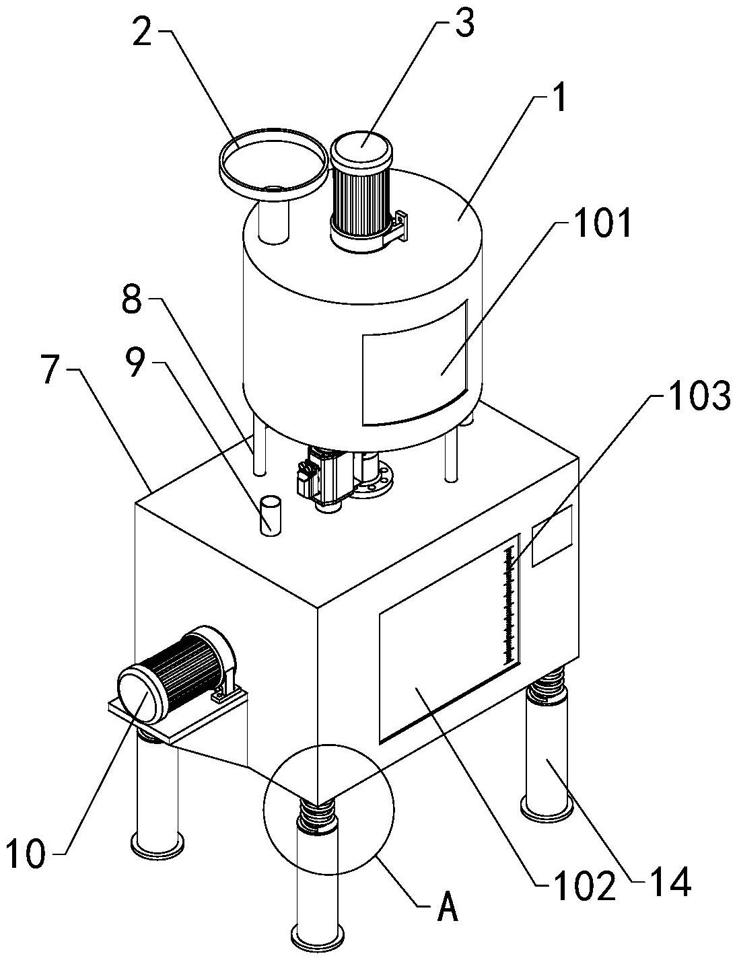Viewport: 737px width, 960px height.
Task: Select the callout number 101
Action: pos(603,225)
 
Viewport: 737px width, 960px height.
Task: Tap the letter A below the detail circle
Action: pos(448,910)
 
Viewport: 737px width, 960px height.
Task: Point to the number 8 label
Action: pos(132,303)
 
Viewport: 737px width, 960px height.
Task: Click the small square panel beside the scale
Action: pos(552,536)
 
